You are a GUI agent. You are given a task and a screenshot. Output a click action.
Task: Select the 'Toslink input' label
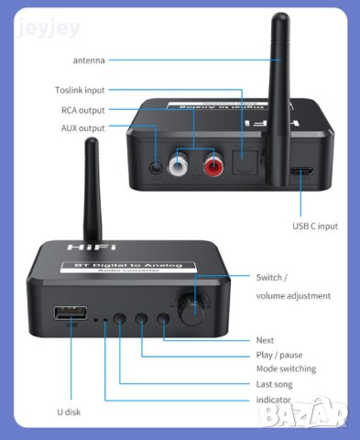coord(80,90)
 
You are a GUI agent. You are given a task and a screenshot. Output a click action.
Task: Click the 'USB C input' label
coord(316,225)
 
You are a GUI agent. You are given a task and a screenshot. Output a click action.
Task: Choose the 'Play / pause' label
coord(279,355)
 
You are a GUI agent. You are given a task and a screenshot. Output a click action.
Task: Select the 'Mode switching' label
coord(286,368)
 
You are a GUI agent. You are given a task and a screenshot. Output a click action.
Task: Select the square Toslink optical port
coord(245,163)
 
